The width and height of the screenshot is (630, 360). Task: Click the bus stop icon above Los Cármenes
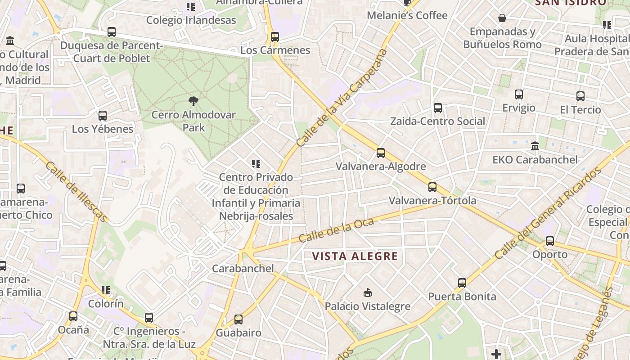point(274,37)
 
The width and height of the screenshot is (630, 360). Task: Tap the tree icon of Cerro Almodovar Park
point(193,101)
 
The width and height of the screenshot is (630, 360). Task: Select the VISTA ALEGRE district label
point(355,256)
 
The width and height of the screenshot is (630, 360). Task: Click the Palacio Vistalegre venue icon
point(368,293)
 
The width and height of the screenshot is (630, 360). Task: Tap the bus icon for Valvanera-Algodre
point(381,153)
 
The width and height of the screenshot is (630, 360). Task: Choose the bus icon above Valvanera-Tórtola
point(432,187)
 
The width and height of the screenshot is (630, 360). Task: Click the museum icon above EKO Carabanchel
point(535,146)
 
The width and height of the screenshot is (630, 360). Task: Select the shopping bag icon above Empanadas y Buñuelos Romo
point(502,18)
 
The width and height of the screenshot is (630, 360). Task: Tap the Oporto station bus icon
point(550,241)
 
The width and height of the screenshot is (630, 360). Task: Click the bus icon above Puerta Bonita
point(462,283)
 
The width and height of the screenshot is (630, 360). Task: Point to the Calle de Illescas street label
point(76,192)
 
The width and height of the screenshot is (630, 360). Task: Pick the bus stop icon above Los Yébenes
point(103,116)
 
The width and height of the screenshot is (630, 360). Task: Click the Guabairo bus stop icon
point(238,319)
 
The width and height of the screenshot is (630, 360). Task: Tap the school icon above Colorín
point(106,290)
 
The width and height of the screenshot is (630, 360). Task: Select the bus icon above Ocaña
point(73,316)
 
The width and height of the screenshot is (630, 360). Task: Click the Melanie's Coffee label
point(407,15)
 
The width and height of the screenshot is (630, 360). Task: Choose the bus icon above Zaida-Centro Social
point(438,108)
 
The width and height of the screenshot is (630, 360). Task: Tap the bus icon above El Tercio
point(580,96)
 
